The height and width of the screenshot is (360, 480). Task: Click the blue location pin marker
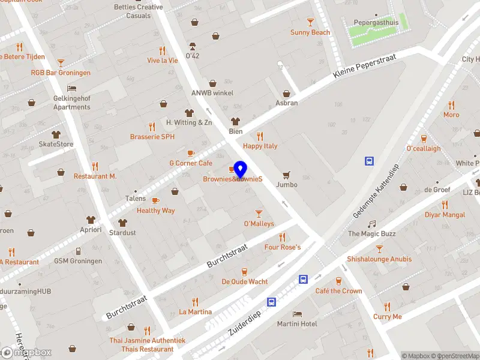pyautogui.click(x=241, y=170)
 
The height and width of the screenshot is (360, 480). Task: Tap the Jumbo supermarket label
pyautogui.click(x=287, y=185)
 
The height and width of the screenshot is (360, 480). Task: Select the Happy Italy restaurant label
pyautogui.click(x=260, y=146)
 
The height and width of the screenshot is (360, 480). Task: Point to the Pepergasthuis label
pyautogui.click(x=376, y=22)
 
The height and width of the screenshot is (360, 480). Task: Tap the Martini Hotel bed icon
pyautogui.click(x=297, y=314)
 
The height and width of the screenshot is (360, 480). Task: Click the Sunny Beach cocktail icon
pyautogui.click(x=310, y=22)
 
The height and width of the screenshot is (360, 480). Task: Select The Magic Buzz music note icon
pyautogui.click(x=371, y=224)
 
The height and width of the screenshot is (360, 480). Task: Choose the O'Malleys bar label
pyautogui.click(x=259, y=224)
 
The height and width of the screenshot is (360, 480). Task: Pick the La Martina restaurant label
pyautogui.click(x=195, y=312)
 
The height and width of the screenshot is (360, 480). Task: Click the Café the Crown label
pyautogui.click(x=338, y=291)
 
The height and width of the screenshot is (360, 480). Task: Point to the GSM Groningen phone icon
pyautogui.click(x=78, y=251)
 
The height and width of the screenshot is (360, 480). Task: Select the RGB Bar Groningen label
pyautogui.click(x=61, y=73)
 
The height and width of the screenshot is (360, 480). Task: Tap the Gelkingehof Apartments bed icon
pyautogui.click(x=72, y=88)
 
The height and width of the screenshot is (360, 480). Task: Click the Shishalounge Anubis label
pyautogui.click(x=379, y=259)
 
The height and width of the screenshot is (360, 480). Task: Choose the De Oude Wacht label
pyautogui.click(x=245, y=281)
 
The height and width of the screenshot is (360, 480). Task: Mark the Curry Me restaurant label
pyautogui.click(x=387, y=317)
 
